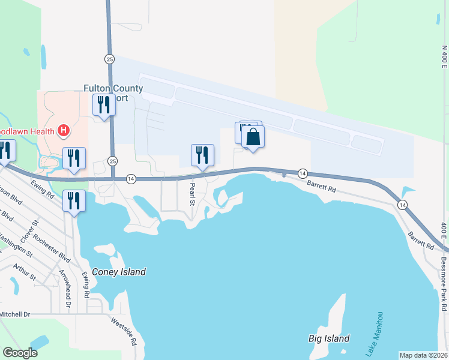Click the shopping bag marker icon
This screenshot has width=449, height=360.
(x=253, y=137)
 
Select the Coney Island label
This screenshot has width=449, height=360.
(x=118, y=272)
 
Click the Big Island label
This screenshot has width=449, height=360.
(x=329, y=338)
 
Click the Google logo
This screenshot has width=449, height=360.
(x=20, y=353)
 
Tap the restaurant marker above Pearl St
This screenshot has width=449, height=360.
(x=202, y=155)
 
